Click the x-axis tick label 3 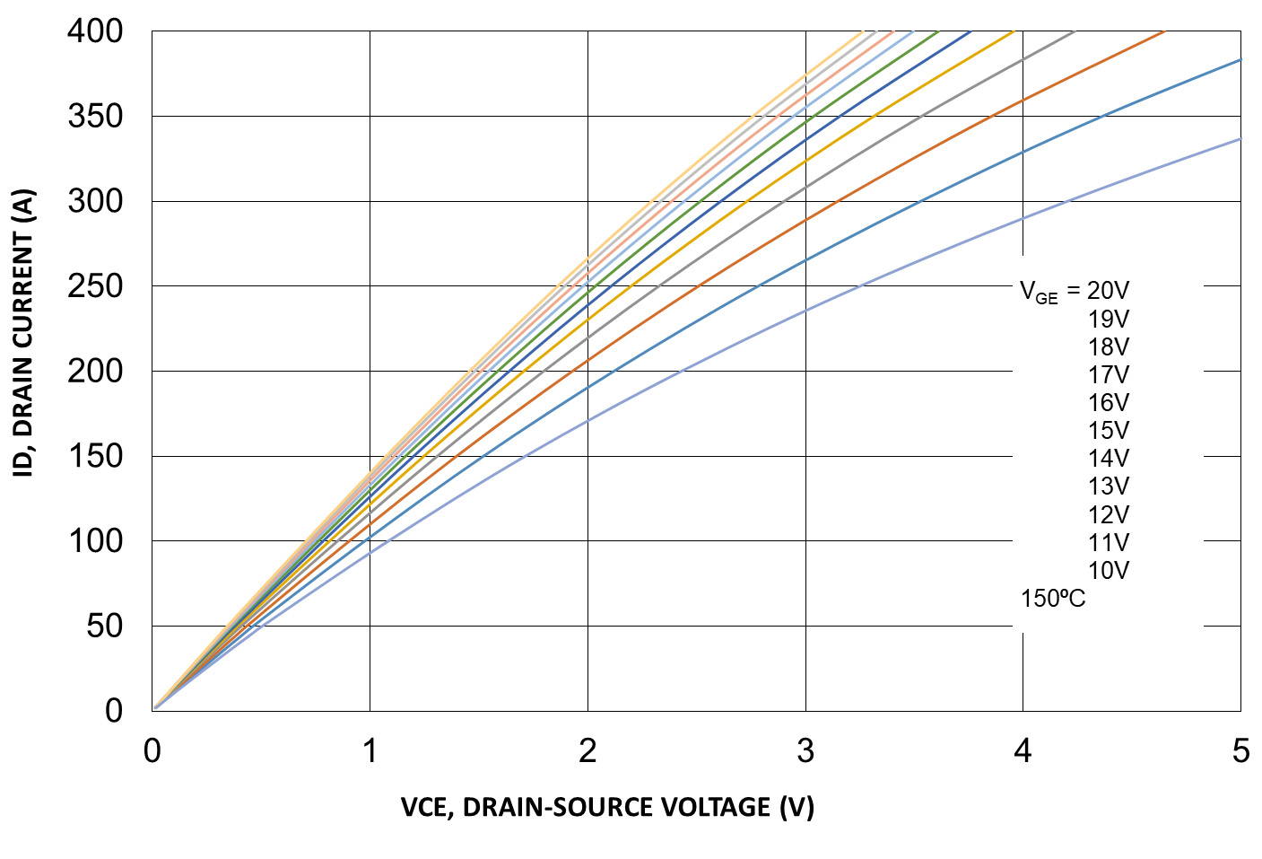pos(805,751)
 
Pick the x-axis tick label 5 pos(1240,751)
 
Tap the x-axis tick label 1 pos(370,751)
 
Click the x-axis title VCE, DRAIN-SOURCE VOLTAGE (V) pos(607,807)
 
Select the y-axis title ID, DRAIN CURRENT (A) pos(23,333)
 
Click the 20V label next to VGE pos(1108,291)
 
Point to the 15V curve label pos(1109,430)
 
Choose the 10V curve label pos(1109,570)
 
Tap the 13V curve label pos(1109,486)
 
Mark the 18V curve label pos(1109,346)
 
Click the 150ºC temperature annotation pos(1052,599)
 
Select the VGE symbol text pos(1039,292)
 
